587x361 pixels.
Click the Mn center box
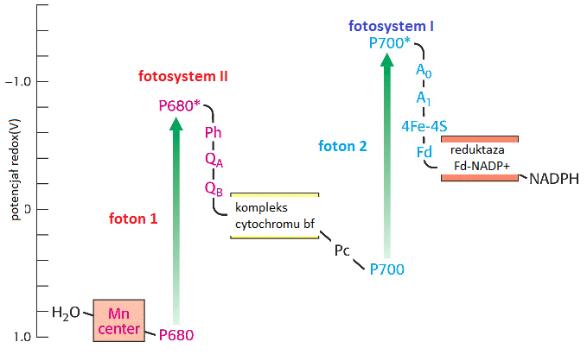(x=118, y=320)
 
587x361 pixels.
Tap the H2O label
(x=66, y=312)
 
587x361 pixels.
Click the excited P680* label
(x=180, y=106)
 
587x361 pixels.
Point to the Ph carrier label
(x=213, y=132)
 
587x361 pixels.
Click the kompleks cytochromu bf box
(x=275, y=216)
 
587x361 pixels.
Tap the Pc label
(x=342, y=250)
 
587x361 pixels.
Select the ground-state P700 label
(x=386, y=269)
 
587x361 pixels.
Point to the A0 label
(x=423, y=70)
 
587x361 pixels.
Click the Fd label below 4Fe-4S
(x=424, y=152)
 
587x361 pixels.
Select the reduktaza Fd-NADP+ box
(x=480, y=158)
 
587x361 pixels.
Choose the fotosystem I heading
(x=391, y=26)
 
